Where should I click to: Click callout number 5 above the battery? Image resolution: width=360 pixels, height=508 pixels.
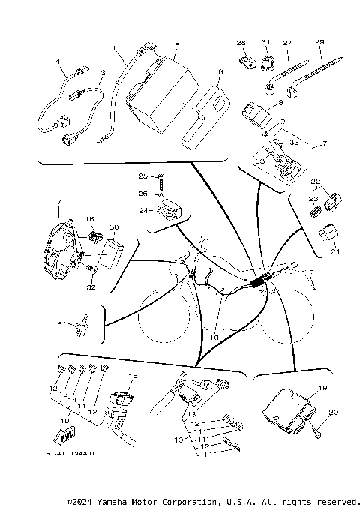(x=177, y=45)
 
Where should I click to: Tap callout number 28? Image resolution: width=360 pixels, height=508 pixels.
(x=241, y=43)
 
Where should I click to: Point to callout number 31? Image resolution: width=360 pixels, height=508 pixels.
(x=265, y=43)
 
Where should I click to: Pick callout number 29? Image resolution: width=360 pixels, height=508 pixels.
(x=320, y=43)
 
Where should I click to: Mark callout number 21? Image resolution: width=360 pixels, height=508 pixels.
(x=335, y=252)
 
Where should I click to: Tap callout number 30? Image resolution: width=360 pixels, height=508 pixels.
(x=113, y=227)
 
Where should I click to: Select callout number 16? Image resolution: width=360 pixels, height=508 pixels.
(x=134, y=376)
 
